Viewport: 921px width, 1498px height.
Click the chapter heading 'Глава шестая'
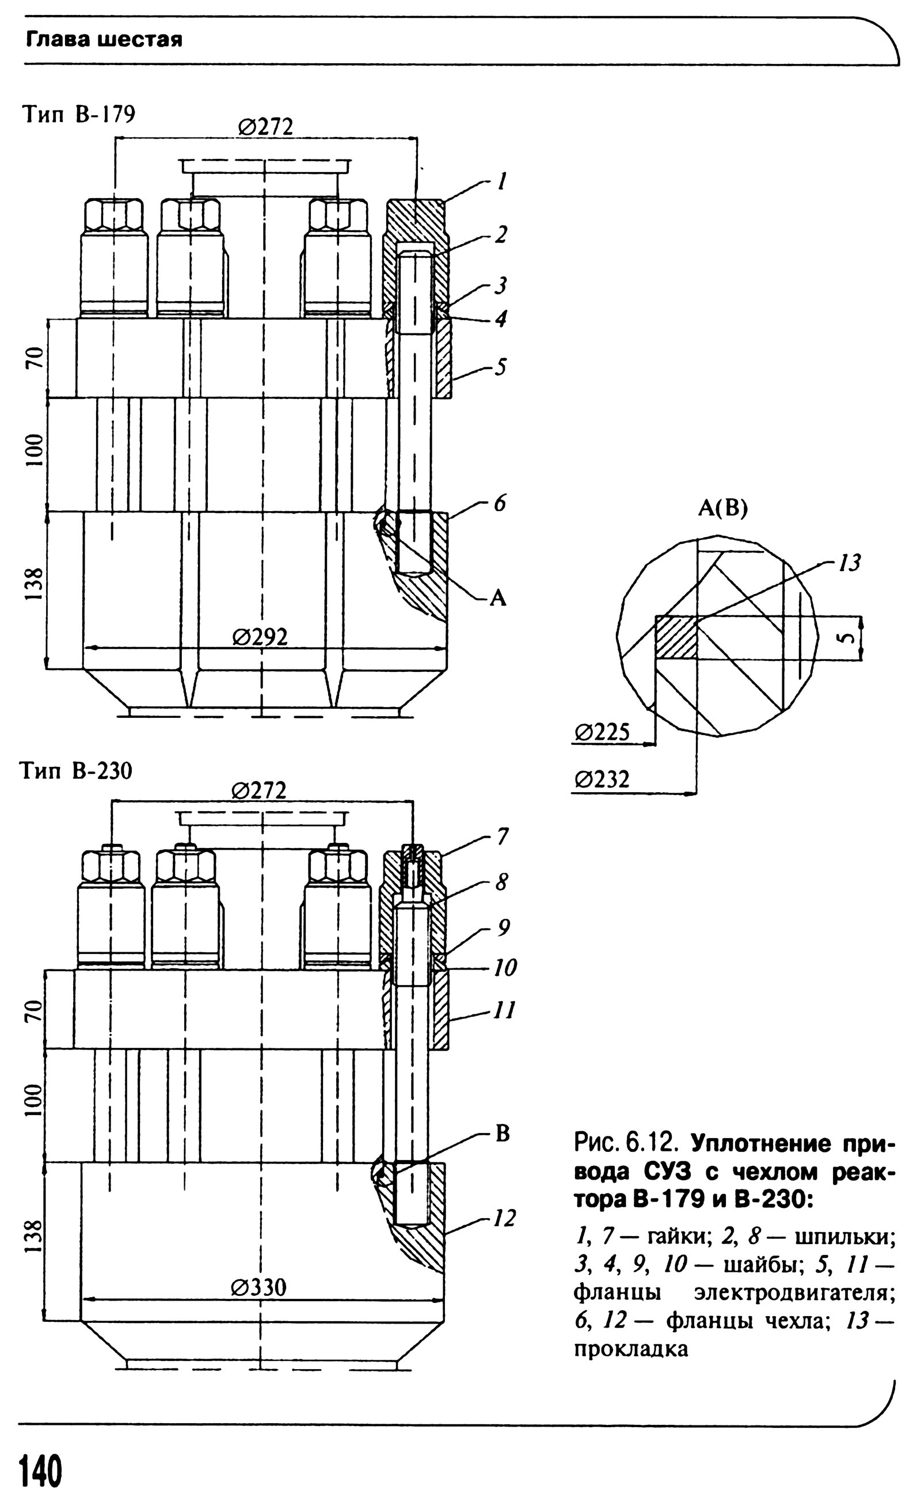(104, 41)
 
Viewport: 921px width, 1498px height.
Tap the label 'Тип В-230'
(77, 771)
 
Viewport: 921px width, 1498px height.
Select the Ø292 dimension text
(260, 637)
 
